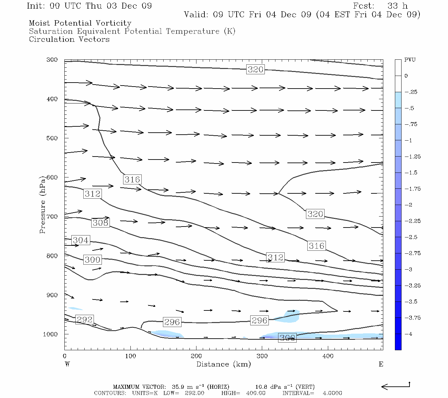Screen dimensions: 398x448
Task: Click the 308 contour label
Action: pyautogui.click(x=100, y=223)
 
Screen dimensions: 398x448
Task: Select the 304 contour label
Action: pyautogui.click(x=81, y=240)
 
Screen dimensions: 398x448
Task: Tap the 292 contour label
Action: pyautogui.click(x=85, y=320)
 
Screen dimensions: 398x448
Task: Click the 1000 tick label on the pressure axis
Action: pyautogui.click(x=50, y=334)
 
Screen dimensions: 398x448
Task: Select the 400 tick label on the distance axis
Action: pyautogui.click(x=328, y=356)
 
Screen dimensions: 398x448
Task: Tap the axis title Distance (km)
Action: pyautogui.click(x=223, y=364)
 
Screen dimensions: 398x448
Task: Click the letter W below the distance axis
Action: pyautogui.click(x=67, y=364)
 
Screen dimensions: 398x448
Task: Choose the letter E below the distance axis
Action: pyautogui.click(x=381, y=364)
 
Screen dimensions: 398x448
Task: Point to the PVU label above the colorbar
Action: pyautogui.click(x=410, y=60)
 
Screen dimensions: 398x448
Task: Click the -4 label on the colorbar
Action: pyautogui.click(x=409, y=334)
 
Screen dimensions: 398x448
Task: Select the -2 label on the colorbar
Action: pyautogui.click(x=409, y=205)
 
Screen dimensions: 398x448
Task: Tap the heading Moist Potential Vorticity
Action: pyautogui.click(x=80, y=23)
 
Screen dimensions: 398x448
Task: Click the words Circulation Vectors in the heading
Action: pyautogui.click(x=69, y=39)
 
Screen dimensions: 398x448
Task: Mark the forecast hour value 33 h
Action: pyautogui.click(x=397, y=6)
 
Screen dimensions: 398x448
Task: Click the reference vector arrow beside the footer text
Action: pyautogui.click(x=396, y=386)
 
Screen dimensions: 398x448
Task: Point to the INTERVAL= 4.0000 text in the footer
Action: pyautogui.click(x=312, y=393)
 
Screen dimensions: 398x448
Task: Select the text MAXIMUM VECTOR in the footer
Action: pyautogui.click(x=139, y=387)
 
